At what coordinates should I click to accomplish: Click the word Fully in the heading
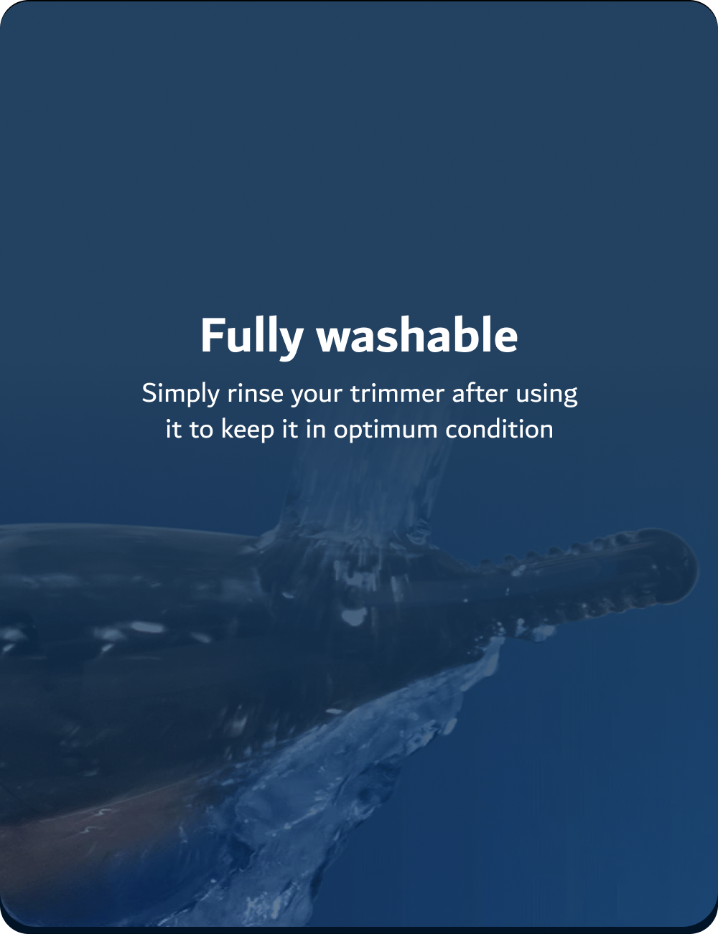pos(252,337)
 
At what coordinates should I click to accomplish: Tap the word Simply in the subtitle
pos(181,394)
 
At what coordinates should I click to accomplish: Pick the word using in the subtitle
pos(546,395)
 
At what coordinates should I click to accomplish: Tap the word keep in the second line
pos(248,430)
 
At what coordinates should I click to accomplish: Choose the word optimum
pos(386,430)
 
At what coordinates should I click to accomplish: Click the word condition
pos(499,429)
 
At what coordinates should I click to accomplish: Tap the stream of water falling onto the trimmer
pos(365,481)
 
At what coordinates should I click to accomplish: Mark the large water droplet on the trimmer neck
pos(354,616)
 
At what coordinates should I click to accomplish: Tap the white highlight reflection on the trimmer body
pos(147,627)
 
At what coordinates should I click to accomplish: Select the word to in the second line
pos(201,430)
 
